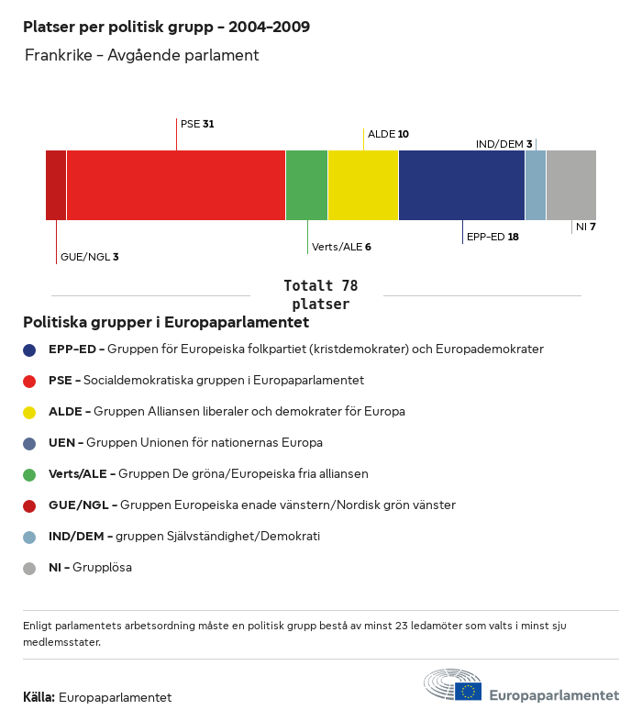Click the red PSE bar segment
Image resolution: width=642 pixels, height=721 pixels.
point(176,185)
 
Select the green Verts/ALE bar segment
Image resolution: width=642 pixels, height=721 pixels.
point(306,185)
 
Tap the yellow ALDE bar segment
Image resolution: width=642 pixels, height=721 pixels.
point(363,185)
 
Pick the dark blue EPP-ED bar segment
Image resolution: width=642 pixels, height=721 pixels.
point(461,185)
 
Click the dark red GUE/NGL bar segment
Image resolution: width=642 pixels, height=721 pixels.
point(56,185)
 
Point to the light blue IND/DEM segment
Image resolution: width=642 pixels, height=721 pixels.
point(536,185)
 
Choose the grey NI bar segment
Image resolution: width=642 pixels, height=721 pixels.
point(571,185)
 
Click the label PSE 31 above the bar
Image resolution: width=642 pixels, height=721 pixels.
point(197,124)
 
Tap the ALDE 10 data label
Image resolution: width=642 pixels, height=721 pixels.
point(388,134)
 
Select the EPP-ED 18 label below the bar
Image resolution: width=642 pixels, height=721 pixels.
point(493,237)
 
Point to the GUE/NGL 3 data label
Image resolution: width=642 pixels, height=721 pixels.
point(89,258)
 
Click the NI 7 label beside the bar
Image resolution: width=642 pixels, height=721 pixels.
point(586,227)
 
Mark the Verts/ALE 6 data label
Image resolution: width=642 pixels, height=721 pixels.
point(341,247)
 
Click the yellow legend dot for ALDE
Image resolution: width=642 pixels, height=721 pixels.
point(29,412)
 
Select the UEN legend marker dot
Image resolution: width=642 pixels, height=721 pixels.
point(29,443)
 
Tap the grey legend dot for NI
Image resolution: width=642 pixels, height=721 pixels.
point(29,568)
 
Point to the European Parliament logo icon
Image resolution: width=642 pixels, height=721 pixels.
point(453,686)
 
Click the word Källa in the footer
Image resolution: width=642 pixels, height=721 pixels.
point(39,698)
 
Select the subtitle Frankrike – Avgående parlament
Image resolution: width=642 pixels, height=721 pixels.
point(142,56)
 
